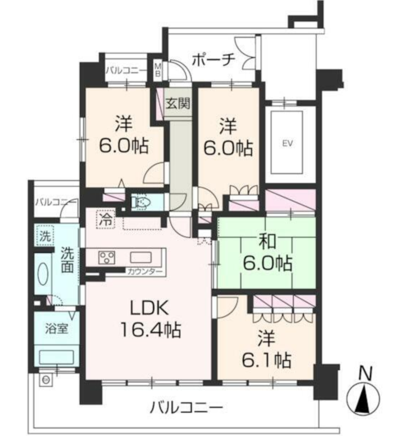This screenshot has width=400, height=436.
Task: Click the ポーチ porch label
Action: (x=211, y=59)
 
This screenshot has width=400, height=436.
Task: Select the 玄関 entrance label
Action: (x=178, y=102)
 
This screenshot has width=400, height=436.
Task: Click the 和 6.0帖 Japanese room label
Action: (x=267, y=253)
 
